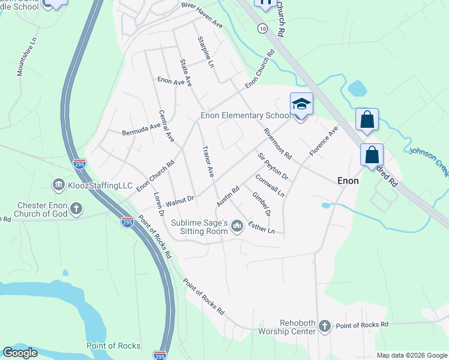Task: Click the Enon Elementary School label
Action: pos(245,115)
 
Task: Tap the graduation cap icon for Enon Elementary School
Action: pos(301,104)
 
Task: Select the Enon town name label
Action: pos(348,180)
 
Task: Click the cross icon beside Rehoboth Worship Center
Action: pos(324,326)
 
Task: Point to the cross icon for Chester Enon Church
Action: pos(76,209)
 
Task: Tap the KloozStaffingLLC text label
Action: pos(100,186)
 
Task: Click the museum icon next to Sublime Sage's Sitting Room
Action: pos(238,226)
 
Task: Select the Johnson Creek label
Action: pos(429,162)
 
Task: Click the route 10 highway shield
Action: pos(263,28)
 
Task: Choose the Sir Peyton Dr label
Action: pos(273,167)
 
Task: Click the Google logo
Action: pos(20,352)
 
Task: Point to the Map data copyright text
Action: pos(411,355)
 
